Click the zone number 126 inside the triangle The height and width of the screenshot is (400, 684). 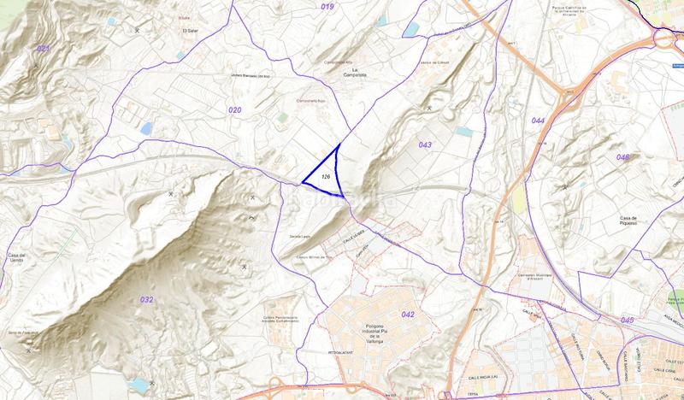tap(326, 175)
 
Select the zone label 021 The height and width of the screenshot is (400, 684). tap(44, 49)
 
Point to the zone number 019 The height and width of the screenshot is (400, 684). tap(327, 7)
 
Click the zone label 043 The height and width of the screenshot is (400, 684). tap(425, 144)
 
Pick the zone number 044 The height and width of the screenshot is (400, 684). tap(538, 121)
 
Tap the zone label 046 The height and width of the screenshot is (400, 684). tap(622, 157)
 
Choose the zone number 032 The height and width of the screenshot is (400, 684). tap(146, 299)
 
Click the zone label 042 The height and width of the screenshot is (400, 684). tap(408, 315)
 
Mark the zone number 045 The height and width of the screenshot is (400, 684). tap(628, 320)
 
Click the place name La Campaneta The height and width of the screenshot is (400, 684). tap(371, 72)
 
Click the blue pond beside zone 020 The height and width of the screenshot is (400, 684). tap(147, 129)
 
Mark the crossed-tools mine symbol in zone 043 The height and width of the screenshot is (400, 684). tap(428, 108)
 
